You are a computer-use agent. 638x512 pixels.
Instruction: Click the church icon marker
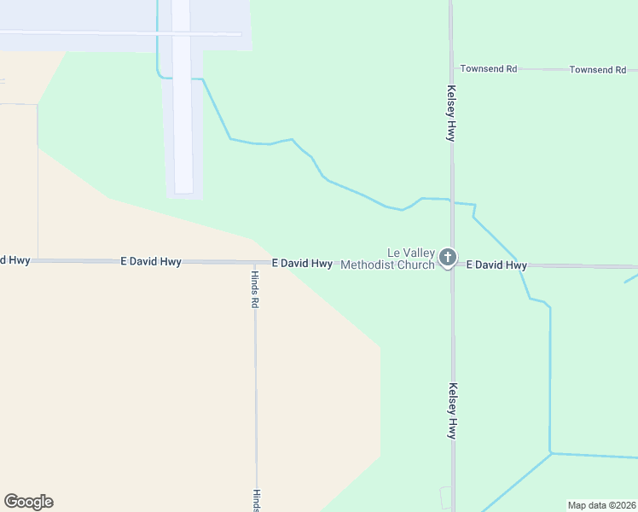click(447, 258)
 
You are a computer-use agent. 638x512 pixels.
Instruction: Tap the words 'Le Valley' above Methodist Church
click(411, 253)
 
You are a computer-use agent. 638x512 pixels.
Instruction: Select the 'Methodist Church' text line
click(387, 265)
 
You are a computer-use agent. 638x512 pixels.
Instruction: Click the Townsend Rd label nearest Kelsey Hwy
click(489, 68)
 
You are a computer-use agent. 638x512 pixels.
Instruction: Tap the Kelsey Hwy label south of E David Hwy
click(451, 410)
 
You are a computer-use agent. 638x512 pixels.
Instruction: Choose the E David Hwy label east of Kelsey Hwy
click(496, 265)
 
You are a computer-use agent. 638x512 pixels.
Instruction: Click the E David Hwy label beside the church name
click(302, 264)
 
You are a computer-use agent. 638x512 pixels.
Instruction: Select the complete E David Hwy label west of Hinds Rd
click(151, 262)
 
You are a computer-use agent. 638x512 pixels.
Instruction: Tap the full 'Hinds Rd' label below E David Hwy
click(254, 290)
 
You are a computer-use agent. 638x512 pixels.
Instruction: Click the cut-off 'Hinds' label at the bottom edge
click(254, 500)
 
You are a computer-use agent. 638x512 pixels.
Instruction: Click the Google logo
click(28, 502)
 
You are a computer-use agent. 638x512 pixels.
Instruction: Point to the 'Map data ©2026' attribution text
click(601, 505)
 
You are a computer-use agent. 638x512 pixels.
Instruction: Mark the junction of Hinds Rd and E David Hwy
click(254, 262)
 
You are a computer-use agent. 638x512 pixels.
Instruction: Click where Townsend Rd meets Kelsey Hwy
click(452, 68)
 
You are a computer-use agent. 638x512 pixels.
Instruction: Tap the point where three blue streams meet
click(551, 452)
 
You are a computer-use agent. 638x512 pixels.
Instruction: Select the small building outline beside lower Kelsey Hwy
click(445, 497)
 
